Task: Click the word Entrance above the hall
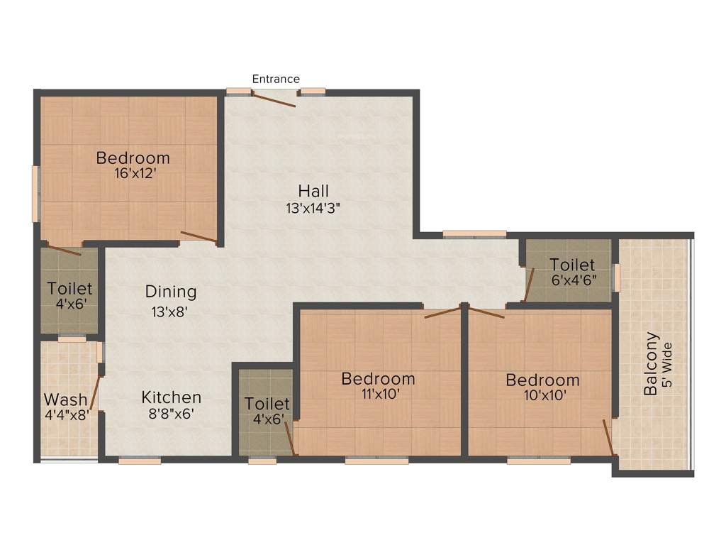click(x=276, y=79)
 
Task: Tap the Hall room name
click(x=313, y=191)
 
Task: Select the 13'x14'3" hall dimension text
click(x=313, y=209)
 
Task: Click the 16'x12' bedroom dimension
click(x=133, y=172)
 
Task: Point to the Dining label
click(x=171, y=292)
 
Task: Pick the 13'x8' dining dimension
click(x=169, y=311)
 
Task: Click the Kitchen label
click(x=171, y=397)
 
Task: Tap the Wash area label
click(x=66, y=400)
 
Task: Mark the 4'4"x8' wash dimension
click(x=67, y=415)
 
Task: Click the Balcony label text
click(x=651, y=364)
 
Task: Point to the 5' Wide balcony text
click(x=666, y=370)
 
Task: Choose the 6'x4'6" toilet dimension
click(x=573, y=280)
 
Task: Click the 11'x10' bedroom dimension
click(x=378, y=396)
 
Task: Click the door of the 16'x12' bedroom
click(x=199, y=237)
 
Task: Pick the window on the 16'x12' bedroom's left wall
click(x=35, y=193)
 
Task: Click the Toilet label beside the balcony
click(x=572, y=265)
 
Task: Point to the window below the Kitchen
click(x=140, y=461)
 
